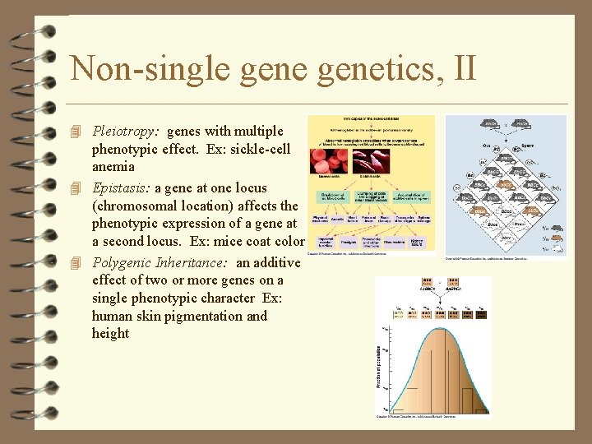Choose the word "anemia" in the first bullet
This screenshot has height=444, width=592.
(x=113, y=168)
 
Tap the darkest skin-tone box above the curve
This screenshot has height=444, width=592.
(x=482, y=314)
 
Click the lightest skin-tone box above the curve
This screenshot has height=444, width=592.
(x=400, y=314)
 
